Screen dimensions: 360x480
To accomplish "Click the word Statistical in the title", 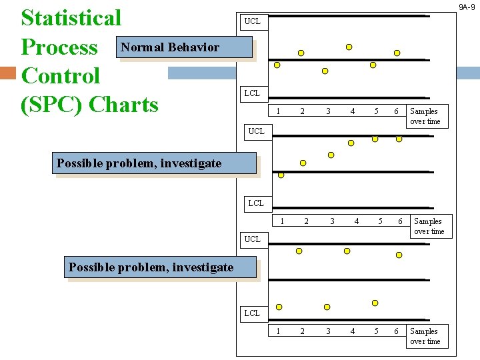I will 71,18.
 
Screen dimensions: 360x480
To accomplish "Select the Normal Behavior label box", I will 170,47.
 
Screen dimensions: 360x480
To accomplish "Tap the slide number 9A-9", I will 466,7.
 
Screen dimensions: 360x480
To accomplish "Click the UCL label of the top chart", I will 253,21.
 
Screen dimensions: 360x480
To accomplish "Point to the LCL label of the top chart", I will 252,93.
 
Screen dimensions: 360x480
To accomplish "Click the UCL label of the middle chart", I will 256,131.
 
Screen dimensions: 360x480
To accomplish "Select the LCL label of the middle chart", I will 256,203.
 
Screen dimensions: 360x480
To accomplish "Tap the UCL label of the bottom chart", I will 253,239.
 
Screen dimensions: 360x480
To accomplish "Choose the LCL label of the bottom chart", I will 252,313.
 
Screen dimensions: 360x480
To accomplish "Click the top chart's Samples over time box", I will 425,117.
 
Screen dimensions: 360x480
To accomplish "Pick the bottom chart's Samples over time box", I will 425,336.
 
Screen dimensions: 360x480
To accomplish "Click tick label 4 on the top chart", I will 353,111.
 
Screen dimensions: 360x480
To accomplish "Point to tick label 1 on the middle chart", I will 282,221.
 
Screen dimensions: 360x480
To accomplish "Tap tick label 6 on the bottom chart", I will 396,331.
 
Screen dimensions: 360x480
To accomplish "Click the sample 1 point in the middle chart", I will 281,175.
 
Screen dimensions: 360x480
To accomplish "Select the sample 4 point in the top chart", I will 349,47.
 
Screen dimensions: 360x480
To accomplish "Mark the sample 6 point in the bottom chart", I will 399,255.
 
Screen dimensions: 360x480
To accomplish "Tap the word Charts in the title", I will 123,105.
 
